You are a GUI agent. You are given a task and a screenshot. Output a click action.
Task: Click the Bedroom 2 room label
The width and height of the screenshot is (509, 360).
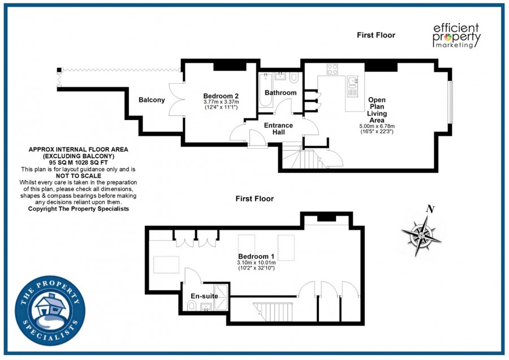221,96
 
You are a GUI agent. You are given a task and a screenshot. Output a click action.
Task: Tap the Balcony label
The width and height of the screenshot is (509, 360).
152,100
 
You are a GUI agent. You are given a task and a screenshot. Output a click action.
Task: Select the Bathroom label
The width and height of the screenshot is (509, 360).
281,93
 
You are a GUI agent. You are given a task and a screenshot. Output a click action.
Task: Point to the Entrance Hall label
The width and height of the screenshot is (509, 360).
278,128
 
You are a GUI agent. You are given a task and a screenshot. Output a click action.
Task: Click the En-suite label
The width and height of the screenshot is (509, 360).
204,296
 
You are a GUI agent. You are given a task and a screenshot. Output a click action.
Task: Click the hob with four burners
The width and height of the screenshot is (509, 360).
333,69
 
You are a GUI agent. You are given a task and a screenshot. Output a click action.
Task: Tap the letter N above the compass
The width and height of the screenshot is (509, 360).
430,209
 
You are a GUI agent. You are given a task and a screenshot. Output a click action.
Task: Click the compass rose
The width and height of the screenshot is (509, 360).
421,235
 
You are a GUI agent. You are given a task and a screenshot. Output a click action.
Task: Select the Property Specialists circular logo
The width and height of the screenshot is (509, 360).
50,311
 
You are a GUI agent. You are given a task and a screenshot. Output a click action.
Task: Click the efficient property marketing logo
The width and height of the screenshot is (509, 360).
457,36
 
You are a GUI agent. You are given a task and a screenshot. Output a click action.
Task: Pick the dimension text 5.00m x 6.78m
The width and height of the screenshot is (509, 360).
377,126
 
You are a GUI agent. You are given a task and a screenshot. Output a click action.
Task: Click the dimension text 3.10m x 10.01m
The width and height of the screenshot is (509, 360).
256,263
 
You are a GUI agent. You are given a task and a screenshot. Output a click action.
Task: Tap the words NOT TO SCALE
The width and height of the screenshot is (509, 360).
79,176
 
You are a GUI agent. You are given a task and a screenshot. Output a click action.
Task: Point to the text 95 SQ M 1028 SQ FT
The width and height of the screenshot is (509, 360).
78,162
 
